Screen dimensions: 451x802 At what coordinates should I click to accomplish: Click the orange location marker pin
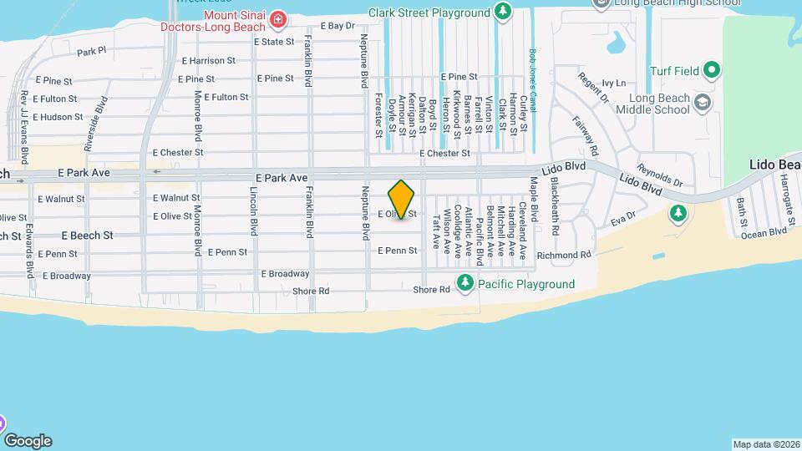click(x=402, y=199)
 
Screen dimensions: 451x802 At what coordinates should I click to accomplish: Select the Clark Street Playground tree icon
click(x=502, y=12)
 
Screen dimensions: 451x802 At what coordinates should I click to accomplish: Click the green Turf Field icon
click(x=711, y=69)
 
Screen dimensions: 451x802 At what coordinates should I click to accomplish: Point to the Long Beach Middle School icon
click(x=703, y=102)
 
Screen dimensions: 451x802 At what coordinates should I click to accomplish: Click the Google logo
click(x=28, y=440)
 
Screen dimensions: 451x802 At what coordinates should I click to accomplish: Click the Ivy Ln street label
click(x=613, y=84)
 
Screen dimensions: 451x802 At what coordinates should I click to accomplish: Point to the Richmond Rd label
click(x=564, y=255)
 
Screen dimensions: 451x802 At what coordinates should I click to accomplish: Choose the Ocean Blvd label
click(x=764, y=232)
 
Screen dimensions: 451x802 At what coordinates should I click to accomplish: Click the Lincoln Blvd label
click(x=254, y=211)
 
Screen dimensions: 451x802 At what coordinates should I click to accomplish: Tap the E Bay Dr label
click(x=338, y=26)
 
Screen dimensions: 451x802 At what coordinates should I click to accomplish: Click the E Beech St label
click(x=87, y=236)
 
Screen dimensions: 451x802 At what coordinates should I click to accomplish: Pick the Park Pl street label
click(x=92, y=51)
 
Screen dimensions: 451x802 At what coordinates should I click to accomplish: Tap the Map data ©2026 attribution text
click(x=766, y=443)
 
